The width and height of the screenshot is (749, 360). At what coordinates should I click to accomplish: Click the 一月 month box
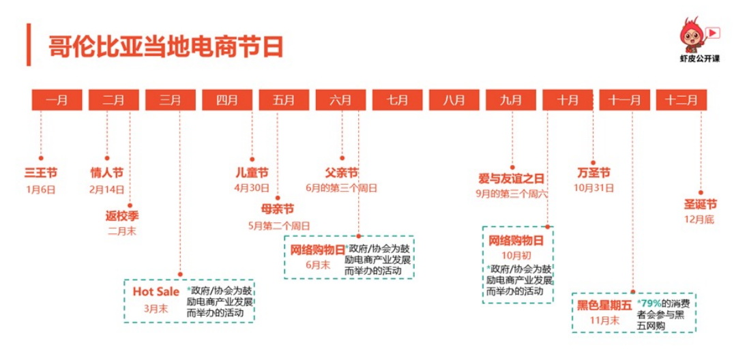tap(57, 100)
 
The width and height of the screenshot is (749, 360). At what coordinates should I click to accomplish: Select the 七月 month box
tap(398, 100)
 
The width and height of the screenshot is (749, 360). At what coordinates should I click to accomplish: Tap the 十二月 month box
tap(681, 100)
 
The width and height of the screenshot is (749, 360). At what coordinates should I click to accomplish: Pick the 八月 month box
tap(454, 100)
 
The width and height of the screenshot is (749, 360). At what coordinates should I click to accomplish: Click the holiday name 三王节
tap(41, 172)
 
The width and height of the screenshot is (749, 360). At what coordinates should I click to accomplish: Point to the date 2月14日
tap(106, 189)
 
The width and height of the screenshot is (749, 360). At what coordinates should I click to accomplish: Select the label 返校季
tap(122, 216)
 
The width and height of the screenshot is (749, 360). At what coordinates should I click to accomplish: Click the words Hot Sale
tap(156, 291)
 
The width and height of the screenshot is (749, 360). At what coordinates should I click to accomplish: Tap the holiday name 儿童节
tap(252, 172)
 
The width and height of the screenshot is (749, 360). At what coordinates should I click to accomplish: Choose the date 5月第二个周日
tap(279, 226)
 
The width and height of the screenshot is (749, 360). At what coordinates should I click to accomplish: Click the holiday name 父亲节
tap(342, 172)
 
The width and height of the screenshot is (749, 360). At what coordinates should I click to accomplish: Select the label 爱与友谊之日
tap(511, 179)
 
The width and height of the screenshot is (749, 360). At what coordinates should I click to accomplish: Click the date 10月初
tap(516, 256)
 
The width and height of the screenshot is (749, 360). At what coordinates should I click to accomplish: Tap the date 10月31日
tap(593, 188)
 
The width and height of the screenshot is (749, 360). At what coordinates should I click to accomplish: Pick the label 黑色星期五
tap(604, 305)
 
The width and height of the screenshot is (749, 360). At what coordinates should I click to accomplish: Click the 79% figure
tap(649, 303)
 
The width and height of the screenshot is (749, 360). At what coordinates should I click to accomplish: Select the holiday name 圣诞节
tap(701, 205)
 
